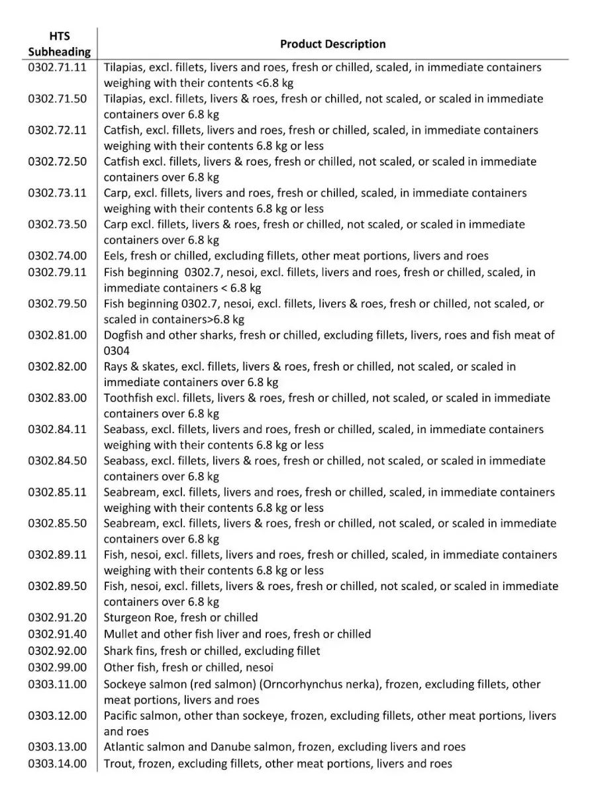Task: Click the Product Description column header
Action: tap(332, 44)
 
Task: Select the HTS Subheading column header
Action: tap(59, 44)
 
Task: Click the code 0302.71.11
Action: tap(57, 68)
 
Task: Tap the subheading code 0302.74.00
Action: tap(57, 256)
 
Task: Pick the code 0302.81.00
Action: tap(57, 335)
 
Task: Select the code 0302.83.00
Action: tap(57, 398)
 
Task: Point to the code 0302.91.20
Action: tap(57, 617)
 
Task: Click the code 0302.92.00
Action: tap(57, 651)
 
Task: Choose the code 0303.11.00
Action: tap(57, 684)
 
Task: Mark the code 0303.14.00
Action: tap(57, 764)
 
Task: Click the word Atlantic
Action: tap(124, 747)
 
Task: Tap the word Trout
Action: tap(118, 764)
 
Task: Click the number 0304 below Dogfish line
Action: tap(117, 351)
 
